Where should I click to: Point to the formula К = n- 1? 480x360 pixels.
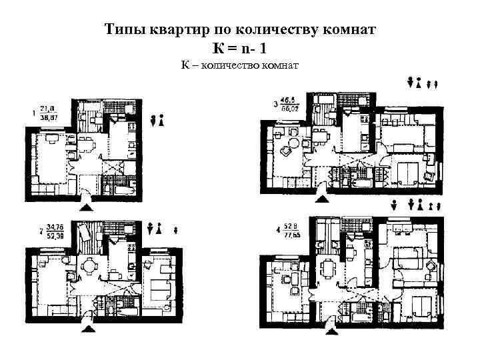241,48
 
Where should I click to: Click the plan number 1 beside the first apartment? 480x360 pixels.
33,113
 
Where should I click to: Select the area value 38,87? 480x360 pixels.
49,116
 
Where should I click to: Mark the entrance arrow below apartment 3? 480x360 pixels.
322,198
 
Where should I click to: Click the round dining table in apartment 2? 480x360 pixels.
87,267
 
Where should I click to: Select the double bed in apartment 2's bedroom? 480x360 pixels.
161,289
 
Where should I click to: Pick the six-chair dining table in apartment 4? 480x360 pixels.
329,268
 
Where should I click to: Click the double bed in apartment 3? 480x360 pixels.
406,173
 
